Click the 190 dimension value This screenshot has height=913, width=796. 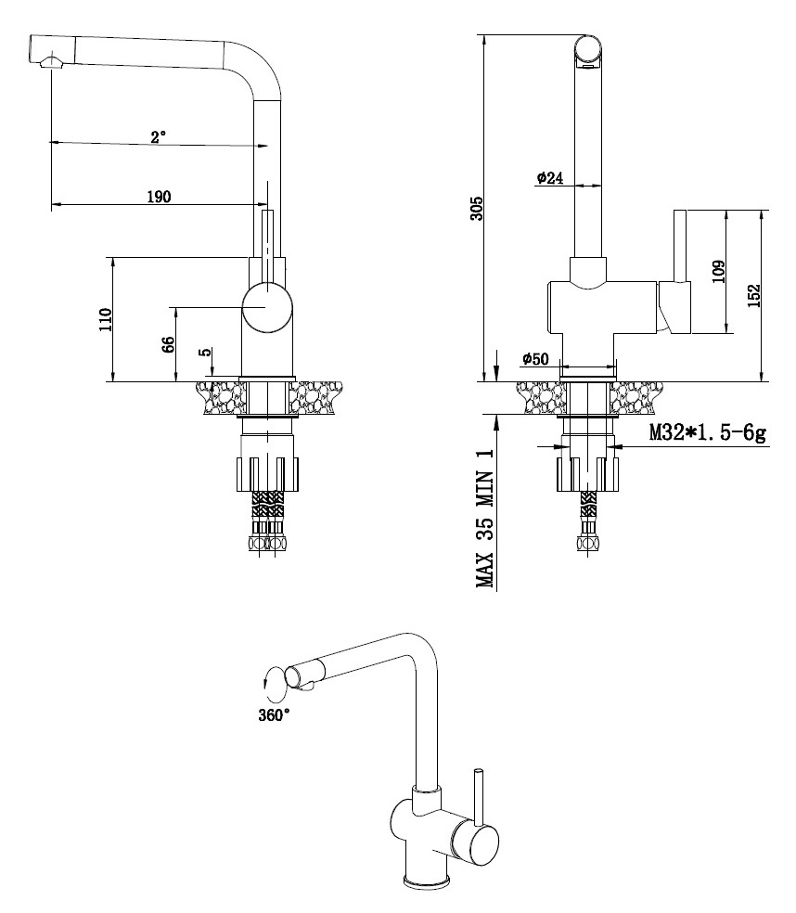click(x=159, y=196)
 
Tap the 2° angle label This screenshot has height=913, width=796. click(x=159, y=135)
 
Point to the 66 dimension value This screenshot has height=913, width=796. click(x=169, y=344)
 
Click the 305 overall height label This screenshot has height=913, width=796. click(x=475, y=206)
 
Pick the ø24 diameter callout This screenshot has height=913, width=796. click(x=550, y=178)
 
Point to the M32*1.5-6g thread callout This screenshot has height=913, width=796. click(x=707, y=432)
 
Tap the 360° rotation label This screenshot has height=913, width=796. click(x=274, y=714)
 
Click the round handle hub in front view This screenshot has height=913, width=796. click(x=267, y=308)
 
